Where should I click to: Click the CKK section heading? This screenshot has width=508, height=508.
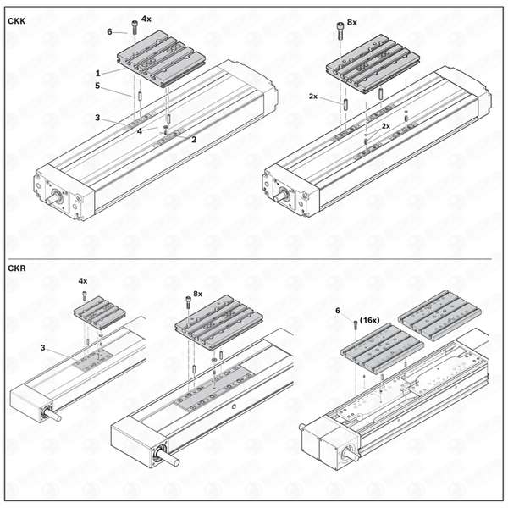tap(17, 21)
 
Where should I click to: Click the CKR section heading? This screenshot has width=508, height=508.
tap(17, 268)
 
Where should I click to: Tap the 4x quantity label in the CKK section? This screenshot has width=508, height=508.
tap(146, 19)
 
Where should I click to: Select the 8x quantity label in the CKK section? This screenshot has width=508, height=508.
tap(352, 22)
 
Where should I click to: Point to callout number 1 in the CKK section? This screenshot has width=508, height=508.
tap(98, 73)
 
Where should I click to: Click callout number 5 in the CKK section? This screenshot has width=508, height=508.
tap(97, 86)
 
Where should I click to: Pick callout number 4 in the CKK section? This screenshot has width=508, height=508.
tap(140, 131)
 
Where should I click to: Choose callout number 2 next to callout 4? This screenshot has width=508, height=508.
tap(194, 140)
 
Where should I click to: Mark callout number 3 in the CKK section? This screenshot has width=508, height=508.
tap(97, 118)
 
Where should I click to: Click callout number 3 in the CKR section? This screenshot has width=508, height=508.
tap(43, 348)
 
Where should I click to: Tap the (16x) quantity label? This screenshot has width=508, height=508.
tap(370, 320)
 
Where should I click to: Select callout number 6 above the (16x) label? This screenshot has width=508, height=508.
tap(338, 311)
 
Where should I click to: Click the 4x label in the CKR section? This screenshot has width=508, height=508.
tap(83, 281)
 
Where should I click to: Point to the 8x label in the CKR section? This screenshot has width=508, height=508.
tap(197, 294)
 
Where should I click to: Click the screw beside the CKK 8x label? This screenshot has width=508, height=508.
tap(340, 30)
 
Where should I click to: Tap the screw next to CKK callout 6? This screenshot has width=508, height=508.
tap(135, 27)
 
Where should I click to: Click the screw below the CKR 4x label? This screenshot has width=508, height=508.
tap(85, 295)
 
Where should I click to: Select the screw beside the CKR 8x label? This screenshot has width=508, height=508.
tap(188, 302)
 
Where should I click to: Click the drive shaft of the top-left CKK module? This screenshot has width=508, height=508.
tap(52, 199)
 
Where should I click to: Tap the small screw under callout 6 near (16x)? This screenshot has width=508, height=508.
tap(356, 324)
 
